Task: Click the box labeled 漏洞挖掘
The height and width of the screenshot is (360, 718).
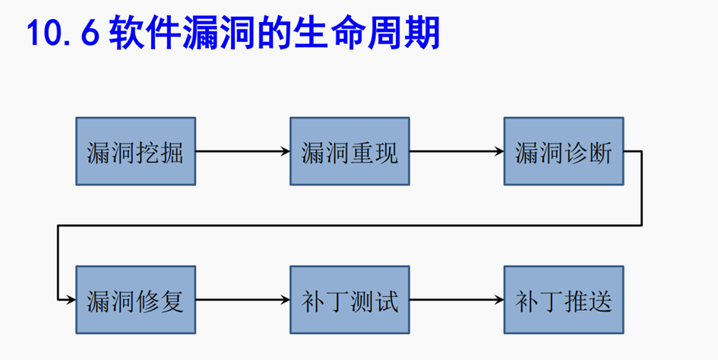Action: (x=135, y=151)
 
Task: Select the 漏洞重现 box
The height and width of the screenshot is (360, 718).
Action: (x=350, y=151)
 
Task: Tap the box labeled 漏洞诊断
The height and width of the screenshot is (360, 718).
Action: (x=564, y=151)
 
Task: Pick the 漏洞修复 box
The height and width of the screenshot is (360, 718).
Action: (x=135, y=300)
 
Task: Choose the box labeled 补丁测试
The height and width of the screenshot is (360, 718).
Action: (x=350, y=300)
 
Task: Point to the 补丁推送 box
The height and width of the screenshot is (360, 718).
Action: (x=564, y=300)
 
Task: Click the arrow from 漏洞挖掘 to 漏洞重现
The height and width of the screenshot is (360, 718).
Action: (x=242, y=151)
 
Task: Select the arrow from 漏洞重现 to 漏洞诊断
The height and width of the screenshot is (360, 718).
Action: (x=457, y=151)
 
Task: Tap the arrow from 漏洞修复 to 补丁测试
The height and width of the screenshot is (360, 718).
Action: (x=242, y=300)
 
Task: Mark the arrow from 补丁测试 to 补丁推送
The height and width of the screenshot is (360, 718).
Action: (x=457, y=300)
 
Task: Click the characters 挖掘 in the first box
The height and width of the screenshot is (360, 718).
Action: (x=160, y=152)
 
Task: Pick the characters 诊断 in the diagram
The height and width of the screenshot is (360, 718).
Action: (x=589, y=152)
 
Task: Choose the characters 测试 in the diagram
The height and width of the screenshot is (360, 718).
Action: (x=375, y=301)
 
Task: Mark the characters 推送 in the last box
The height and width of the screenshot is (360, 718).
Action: (x=589, y=301)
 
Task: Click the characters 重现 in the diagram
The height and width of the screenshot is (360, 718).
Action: (x=375, y=152)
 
